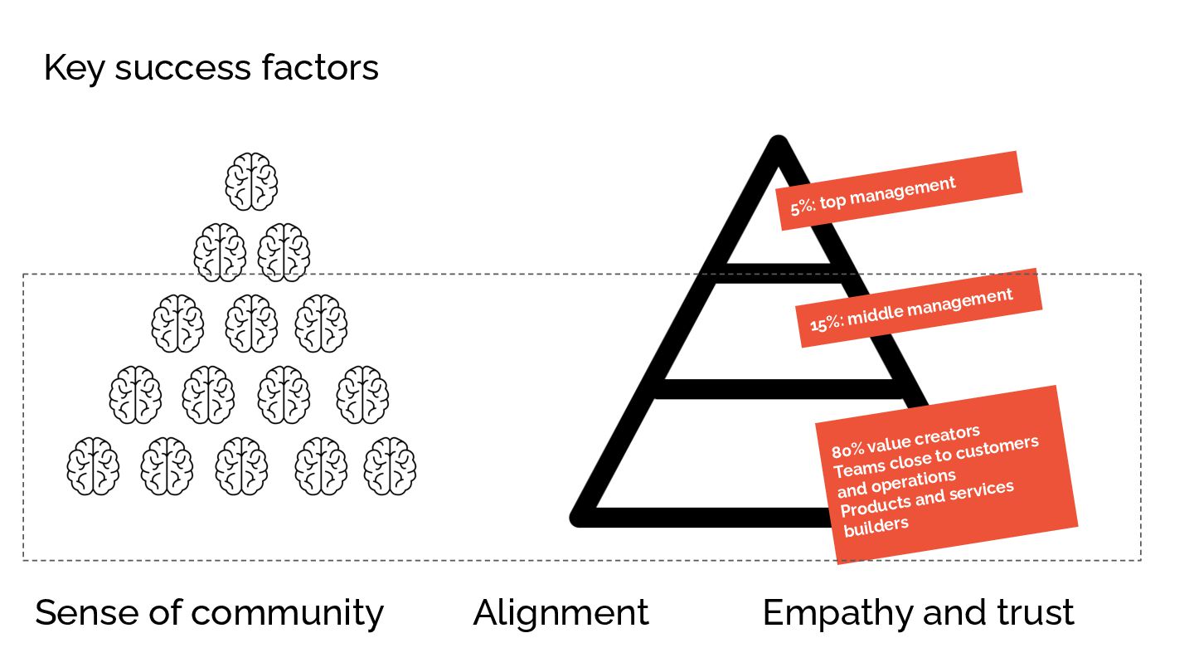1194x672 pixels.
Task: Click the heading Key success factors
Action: [x=211, y=67]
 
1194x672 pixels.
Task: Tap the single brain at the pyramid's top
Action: [x=251, y=182]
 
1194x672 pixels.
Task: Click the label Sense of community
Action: [x=209, y=613]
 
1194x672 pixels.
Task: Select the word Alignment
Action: [x=561, y=613]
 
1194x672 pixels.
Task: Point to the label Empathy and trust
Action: [x=918, y=613]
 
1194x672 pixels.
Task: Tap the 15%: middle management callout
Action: [x=919, y=308]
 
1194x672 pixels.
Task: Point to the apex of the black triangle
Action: [x=778, y=144]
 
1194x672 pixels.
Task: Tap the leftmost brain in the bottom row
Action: [x=93, y=466]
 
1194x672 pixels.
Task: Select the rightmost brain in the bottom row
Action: [x=390, y=466]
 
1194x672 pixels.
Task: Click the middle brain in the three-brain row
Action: [x=251, y=324]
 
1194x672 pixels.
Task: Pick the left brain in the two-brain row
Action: [x=220, y=252]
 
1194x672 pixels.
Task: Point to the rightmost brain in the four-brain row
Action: [x=362, y=395]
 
